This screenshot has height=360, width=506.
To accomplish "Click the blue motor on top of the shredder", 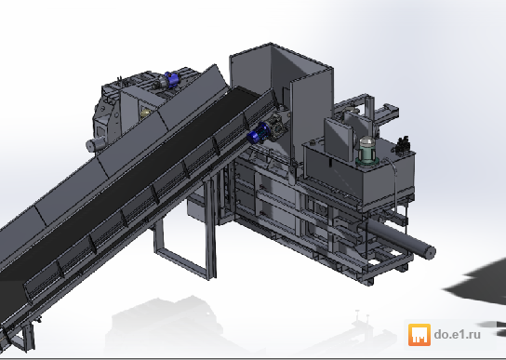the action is click(x=172, y=79).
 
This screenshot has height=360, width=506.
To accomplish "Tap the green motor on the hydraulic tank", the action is click(x=366, y=151).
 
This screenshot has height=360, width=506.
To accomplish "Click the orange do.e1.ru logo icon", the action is click(x=419, y=335).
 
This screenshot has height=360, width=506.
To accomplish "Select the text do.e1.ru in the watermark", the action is click(x=458, y=334).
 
